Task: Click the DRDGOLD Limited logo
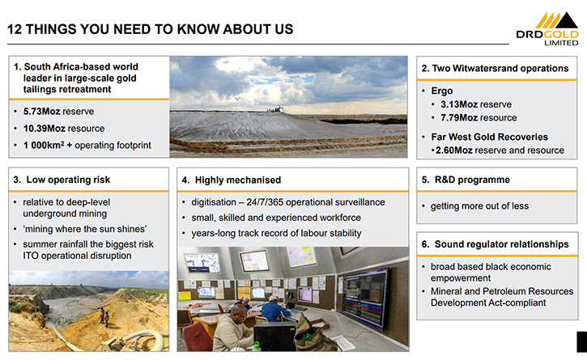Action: click(x=547, y=29)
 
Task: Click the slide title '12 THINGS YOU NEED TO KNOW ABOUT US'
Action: click(x=150, y=29)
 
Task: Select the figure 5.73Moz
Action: click(x=41, y=112)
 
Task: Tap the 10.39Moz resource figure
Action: click(x=45, y=129)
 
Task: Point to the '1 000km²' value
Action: click(x=44, y=145)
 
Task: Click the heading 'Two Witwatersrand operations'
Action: click(x=500, y=69)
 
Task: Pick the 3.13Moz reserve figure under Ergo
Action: click(x=458, y=104)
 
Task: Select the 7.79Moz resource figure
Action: click(x=458, y=118)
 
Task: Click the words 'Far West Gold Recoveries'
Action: click(x=489, y=137)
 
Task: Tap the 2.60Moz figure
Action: click(x=454, y=150)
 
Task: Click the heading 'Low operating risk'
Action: click(x=68, y=180)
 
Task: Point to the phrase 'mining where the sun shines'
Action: click(x=84, y=229)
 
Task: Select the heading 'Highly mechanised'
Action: click(x=238, y=180)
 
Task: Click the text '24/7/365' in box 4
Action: click(x=265, y=202)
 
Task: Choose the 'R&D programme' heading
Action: click(x=472, y=180)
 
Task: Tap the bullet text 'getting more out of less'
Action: click(x=479, y=206)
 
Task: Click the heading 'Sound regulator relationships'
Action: click(x=502, y=244)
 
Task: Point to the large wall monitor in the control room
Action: click(x=365, y=299)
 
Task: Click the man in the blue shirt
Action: click(x=275, y=309)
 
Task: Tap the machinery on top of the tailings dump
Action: click(x=275, y=109)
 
